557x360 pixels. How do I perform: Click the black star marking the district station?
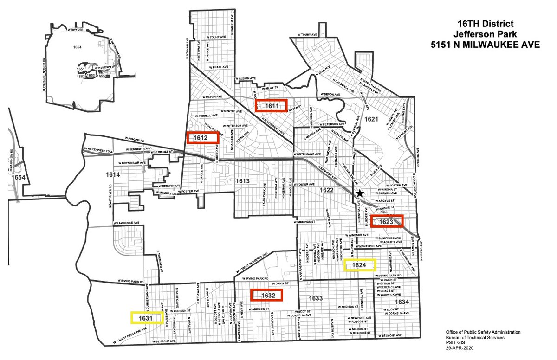[x=359, y=193]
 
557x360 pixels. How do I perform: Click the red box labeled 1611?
[x=272, y=106]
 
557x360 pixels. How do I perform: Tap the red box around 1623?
[x=386, y=222]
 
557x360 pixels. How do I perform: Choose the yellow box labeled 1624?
[x=359, y=265]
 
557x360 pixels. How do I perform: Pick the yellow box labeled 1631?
[x=146, y=318]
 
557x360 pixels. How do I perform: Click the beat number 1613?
[x=243, y=181]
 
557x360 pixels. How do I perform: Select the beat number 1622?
[x=327, y=190]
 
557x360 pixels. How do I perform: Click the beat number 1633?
[x=315, y=297]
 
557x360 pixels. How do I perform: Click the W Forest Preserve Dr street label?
[x=252, y=263]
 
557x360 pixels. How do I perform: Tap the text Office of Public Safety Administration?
[x=483, y=332]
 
